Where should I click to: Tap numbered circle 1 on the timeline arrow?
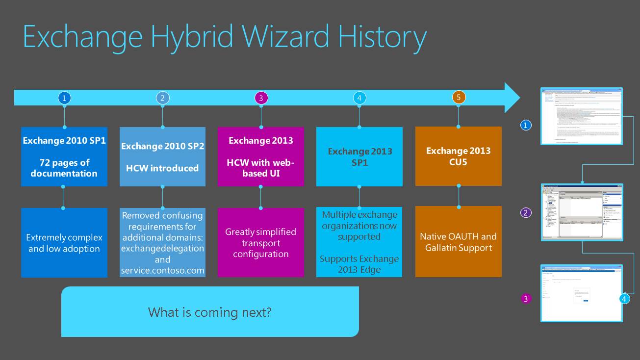pyautogui.click(x=64, y=98)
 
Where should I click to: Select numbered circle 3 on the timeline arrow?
pyautogui.click(x=261, y=98)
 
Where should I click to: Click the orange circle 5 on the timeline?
pyautogui.click(x=459, y=97)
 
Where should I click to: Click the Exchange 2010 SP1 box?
pyautogui.click(x=64, y=156)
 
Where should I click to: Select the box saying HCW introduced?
pyautogui.click(x=162, y=157)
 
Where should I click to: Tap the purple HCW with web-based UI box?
pyautogui.click(x=261, y=156)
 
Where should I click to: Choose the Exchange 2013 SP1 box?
pyautogui.click(x=359, y=156)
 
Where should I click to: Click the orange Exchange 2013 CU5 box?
pyautogui.click(x=459, y=156)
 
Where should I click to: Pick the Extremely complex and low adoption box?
pyautogui.click(x=64, y=243)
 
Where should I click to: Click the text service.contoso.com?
pyautogui.click(x=163, y=270)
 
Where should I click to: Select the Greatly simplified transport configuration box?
pyautogui.click(x=261, y=243)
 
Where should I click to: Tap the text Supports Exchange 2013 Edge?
pyautogui.click(x=359, y=264)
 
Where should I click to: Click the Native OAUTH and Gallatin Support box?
pyautogui.click(x=459, y=242)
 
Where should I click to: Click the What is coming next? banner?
pyautogui.click(x=210, y=312)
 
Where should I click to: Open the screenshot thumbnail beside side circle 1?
pyautogui.click(x=582, y=116)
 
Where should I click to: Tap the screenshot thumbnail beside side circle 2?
pyautogui.click(x=582, y=212)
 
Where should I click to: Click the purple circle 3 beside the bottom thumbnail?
pyautogui.click(x=526, y=298)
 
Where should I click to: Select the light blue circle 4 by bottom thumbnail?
pyautogui.click(x=624, y=298)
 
